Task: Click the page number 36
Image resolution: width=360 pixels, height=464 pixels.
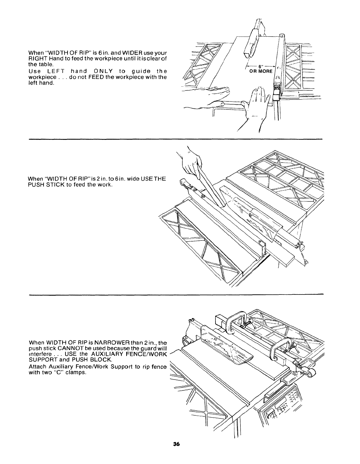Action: pos(176,452)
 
